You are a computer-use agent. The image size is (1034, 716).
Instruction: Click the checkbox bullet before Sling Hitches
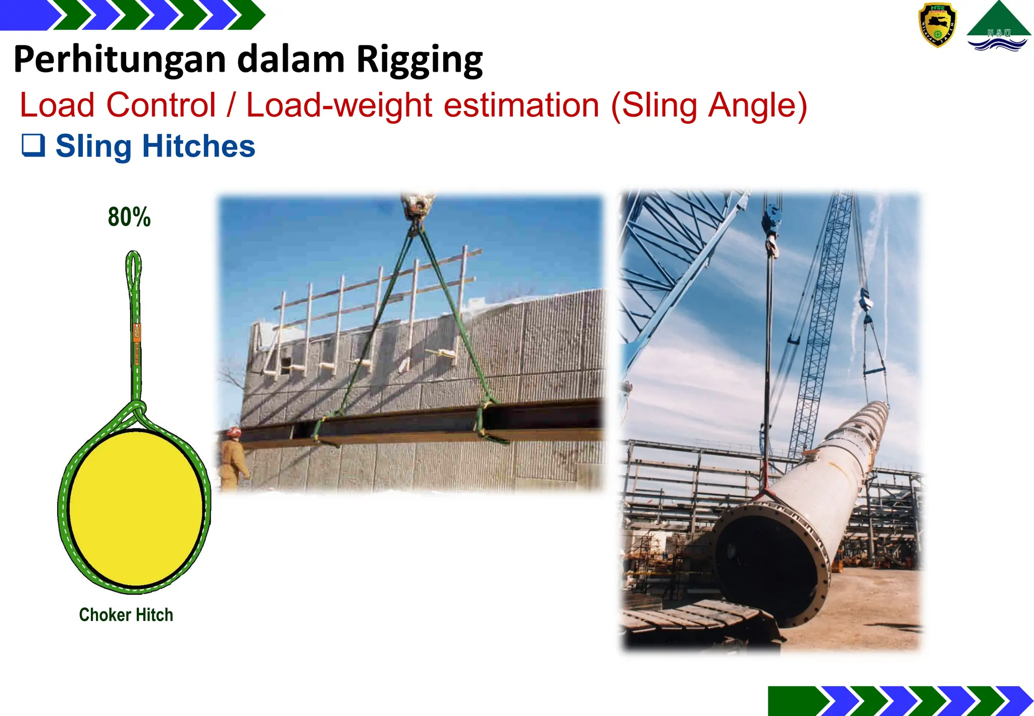point(33,145)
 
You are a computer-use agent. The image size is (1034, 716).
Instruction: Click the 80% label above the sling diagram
point(129,217)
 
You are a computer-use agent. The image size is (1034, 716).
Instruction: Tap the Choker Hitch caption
point(126,615)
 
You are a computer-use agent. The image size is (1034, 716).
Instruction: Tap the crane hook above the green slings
point(417,207)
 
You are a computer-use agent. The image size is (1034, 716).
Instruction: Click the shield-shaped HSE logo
point(937,24)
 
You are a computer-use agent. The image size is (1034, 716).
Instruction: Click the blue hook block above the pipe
point(771,222)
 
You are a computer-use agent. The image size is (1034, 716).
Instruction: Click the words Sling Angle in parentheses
point(709,106)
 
